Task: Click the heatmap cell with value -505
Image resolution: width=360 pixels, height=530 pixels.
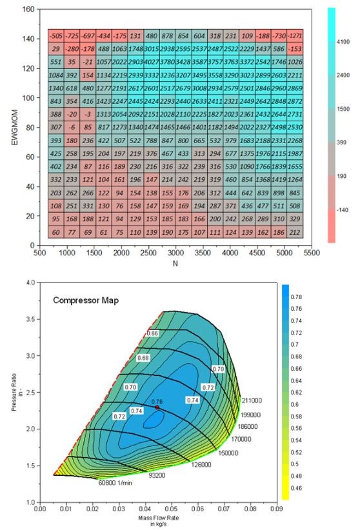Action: click(x=56, y=36)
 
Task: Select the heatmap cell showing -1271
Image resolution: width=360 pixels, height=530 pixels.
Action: click(x=294, y=36)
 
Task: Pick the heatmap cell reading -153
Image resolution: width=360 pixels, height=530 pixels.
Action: click(x=294, y=49)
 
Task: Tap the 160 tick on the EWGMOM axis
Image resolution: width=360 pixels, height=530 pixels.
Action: click(x=27, y=10)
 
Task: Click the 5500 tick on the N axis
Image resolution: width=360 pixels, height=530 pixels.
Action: click(x=311, y=254)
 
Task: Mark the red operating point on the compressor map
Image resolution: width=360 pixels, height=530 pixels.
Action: click(x=157, y=407)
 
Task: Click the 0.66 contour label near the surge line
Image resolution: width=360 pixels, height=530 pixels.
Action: click(x=152, y=333)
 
